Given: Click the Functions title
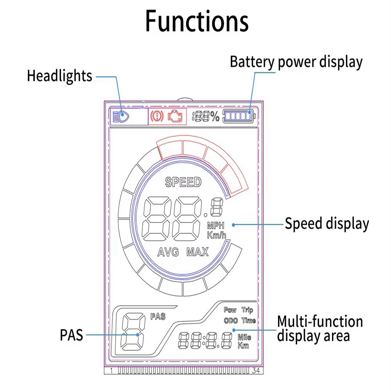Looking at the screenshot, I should tap(197, 21).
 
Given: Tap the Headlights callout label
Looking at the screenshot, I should tap(59, 76).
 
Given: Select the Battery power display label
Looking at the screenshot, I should tap(296, 62).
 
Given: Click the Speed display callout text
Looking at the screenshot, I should tap(326, 224).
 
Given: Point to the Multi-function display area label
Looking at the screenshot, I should tap(320, 329).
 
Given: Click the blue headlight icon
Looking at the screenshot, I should tap(121, 117).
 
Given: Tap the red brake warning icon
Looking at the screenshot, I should tap(157, 116).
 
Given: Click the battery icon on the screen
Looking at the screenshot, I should tap(239, 116).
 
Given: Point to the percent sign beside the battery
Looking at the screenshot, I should tap(214, 117).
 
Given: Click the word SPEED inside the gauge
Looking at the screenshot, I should tap(183, 182).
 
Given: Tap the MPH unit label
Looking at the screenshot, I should tap(216, 226).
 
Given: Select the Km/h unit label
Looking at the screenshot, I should tap(217, 235).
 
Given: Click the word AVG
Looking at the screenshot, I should tap(168, 252).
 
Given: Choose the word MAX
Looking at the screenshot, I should tap(197, 252).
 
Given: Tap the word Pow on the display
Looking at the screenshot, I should tap(230, 310).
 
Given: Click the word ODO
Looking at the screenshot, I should tap(231, 321).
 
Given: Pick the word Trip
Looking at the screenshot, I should tap(247, 310).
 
